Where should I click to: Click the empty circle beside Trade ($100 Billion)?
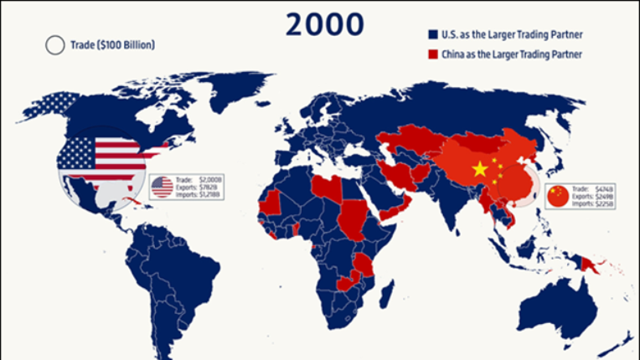[x=54, y=45]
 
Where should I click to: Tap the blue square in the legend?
[x=432, y=35]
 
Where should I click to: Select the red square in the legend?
[x=432, y=55]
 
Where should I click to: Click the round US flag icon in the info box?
[x=162, y=187]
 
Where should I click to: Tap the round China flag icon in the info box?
[x=557, y=196]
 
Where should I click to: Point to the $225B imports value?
[x=604, y=203]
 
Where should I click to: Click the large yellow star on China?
[x=480, y=169]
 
